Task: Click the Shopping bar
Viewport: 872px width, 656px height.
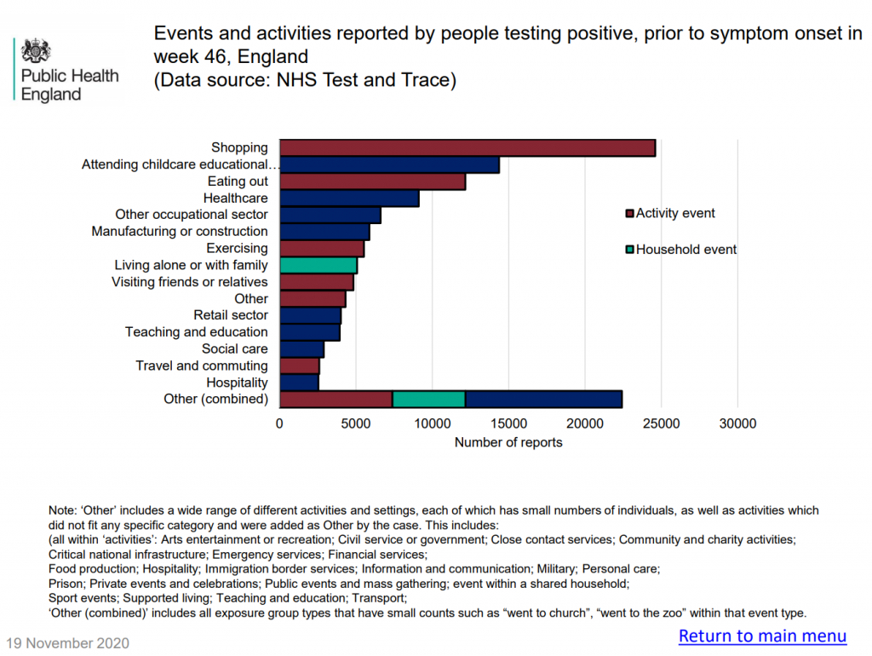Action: [468, 147]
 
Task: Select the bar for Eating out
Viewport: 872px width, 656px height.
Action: [372, 181]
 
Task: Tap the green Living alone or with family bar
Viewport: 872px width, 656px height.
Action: [318, 265]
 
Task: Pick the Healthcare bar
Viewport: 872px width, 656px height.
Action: [349, 199]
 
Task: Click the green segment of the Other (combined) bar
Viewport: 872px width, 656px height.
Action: [428, 399]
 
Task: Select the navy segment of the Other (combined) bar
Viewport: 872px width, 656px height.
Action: [543, 399]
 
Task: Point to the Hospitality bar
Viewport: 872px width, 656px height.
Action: [299, 383]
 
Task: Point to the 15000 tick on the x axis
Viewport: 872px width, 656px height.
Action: [508, 423]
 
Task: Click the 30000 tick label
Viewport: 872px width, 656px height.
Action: [737, 423]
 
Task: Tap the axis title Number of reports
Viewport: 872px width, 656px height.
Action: [508, 442]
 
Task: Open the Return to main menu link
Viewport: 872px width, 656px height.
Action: [762, 636]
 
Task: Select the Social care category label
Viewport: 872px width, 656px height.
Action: [234, 348]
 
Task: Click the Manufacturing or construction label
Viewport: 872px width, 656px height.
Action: [180, 231]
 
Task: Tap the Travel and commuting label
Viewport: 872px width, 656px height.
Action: [202, 365]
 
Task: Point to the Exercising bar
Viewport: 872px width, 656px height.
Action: [322, 249]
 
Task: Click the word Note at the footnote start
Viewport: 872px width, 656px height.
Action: [62, 510]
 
